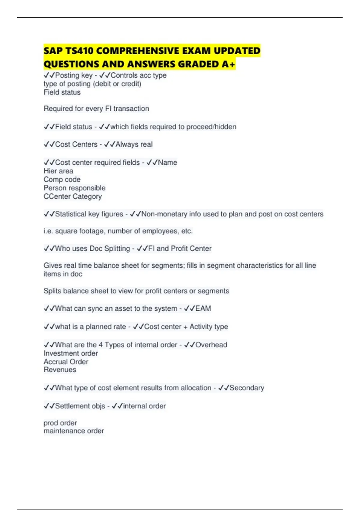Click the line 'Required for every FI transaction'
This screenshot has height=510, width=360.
pyautogui.click(x=96, y=109)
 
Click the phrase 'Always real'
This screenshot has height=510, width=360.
pyautogui.click(x=134, y=145)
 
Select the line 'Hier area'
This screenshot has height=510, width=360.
pyautogui.click(x=58, y=171)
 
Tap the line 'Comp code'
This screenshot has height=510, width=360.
pyautogui.click(x=62, y=179)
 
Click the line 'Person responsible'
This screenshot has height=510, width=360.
pyautogui.click(x=75, y=188)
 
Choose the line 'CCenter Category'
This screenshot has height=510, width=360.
pyautogui.click(x=73, y=196)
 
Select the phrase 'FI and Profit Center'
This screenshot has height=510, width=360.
pyautogui.click(x=180, y=249)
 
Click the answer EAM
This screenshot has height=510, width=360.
pyautogui.click(x=203, y=309)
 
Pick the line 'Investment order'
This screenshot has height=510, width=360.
pyautogui.click(x=71, y=353)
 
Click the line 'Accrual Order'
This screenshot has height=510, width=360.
pyautogui.click(x=66, y=362)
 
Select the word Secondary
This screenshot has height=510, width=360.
pyautogui.click(x=247, y=388)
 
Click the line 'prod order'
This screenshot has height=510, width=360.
pyautogui.click(x=60, y=423)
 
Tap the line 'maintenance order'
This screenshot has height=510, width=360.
pyautogui.click(x=74, y=431)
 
